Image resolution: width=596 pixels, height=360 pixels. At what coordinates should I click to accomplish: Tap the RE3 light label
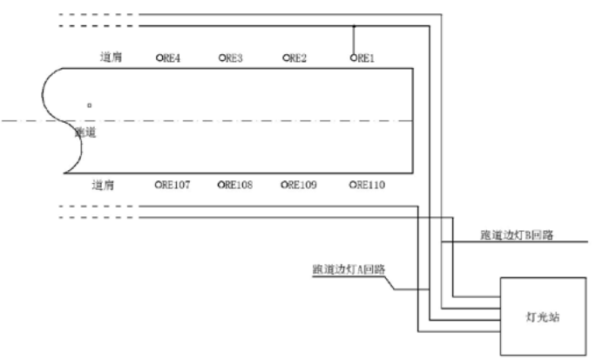pos(233,58)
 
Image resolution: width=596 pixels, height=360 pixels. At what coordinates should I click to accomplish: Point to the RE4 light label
pos(170,58)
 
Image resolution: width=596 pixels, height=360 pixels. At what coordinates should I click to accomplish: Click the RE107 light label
pos(175,185)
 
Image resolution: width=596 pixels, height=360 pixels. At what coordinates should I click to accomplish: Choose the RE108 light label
pos(237,185)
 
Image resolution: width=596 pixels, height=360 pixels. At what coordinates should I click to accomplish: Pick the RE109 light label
pos(301,185)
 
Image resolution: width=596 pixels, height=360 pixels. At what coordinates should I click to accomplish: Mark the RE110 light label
pos(367,185)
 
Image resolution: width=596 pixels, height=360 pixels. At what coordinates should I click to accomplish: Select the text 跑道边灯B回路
pos(518,235)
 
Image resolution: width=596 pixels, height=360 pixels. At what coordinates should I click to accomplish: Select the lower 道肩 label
pos(104,185)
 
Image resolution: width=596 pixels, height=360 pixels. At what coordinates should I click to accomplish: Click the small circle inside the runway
pos(89,105)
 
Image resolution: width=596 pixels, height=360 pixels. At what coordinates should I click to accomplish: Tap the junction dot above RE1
pos(354,27)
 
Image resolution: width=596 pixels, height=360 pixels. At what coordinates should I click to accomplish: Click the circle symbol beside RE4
pos(159,58)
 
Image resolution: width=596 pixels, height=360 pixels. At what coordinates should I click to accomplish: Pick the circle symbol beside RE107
pos(159,185)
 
